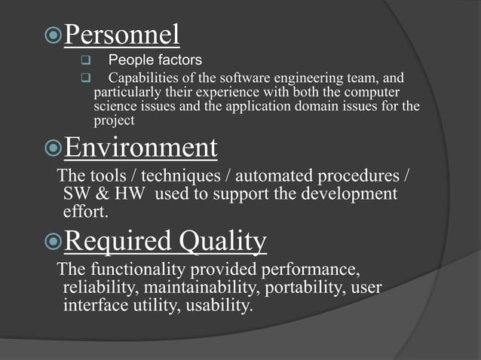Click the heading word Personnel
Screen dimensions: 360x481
[x=121, y=35]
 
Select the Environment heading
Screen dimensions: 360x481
[x=141, y=147]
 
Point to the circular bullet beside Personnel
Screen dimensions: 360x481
[x=51, y=35]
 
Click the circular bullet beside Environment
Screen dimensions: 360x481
[x=51, y=148]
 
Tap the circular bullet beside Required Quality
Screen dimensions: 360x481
[x=51, y=243]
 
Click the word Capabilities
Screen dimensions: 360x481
[x=144, y=77]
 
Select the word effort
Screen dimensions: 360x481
[x=85, y=212]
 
